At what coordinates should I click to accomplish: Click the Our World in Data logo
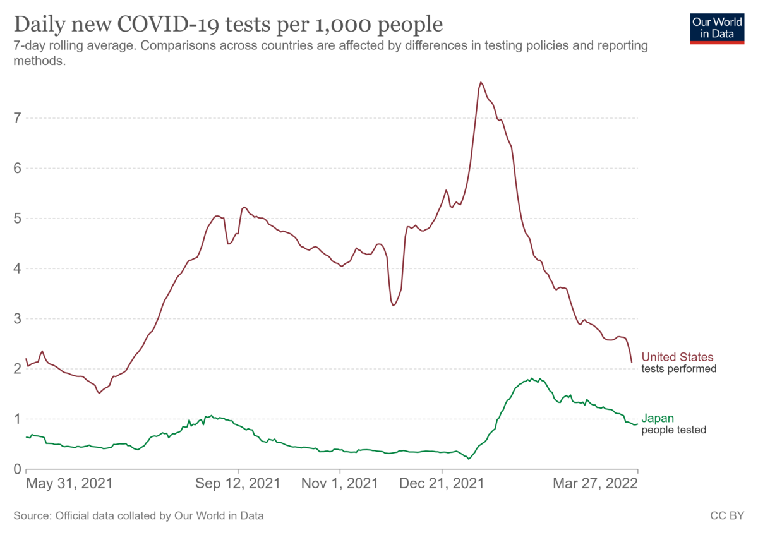click(717, 28)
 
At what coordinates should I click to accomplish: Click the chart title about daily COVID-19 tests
click(228, 25)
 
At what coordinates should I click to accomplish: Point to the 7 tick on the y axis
click(17, 118)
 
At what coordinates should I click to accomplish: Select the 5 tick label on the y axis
click(17, 219)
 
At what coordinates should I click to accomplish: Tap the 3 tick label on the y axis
click(17, 318)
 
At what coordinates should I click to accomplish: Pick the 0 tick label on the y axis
click(17, 469)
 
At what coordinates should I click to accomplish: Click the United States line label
click(677, 357)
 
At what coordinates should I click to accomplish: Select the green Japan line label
click(658, 418)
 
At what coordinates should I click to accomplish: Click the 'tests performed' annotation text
click(679, 368)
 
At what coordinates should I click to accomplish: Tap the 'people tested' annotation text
click(674, 430)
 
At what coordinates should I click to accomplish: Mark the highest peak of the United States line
click(481, 82)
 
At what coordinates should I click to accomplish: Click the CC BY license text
click(727, 515)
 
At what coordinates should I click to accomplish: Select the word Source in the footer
click(32, 515)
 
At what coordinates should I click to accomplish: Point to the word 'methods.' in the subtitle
click(40, 61)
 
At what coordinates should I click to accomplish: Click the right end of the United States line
click(632, 363)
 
